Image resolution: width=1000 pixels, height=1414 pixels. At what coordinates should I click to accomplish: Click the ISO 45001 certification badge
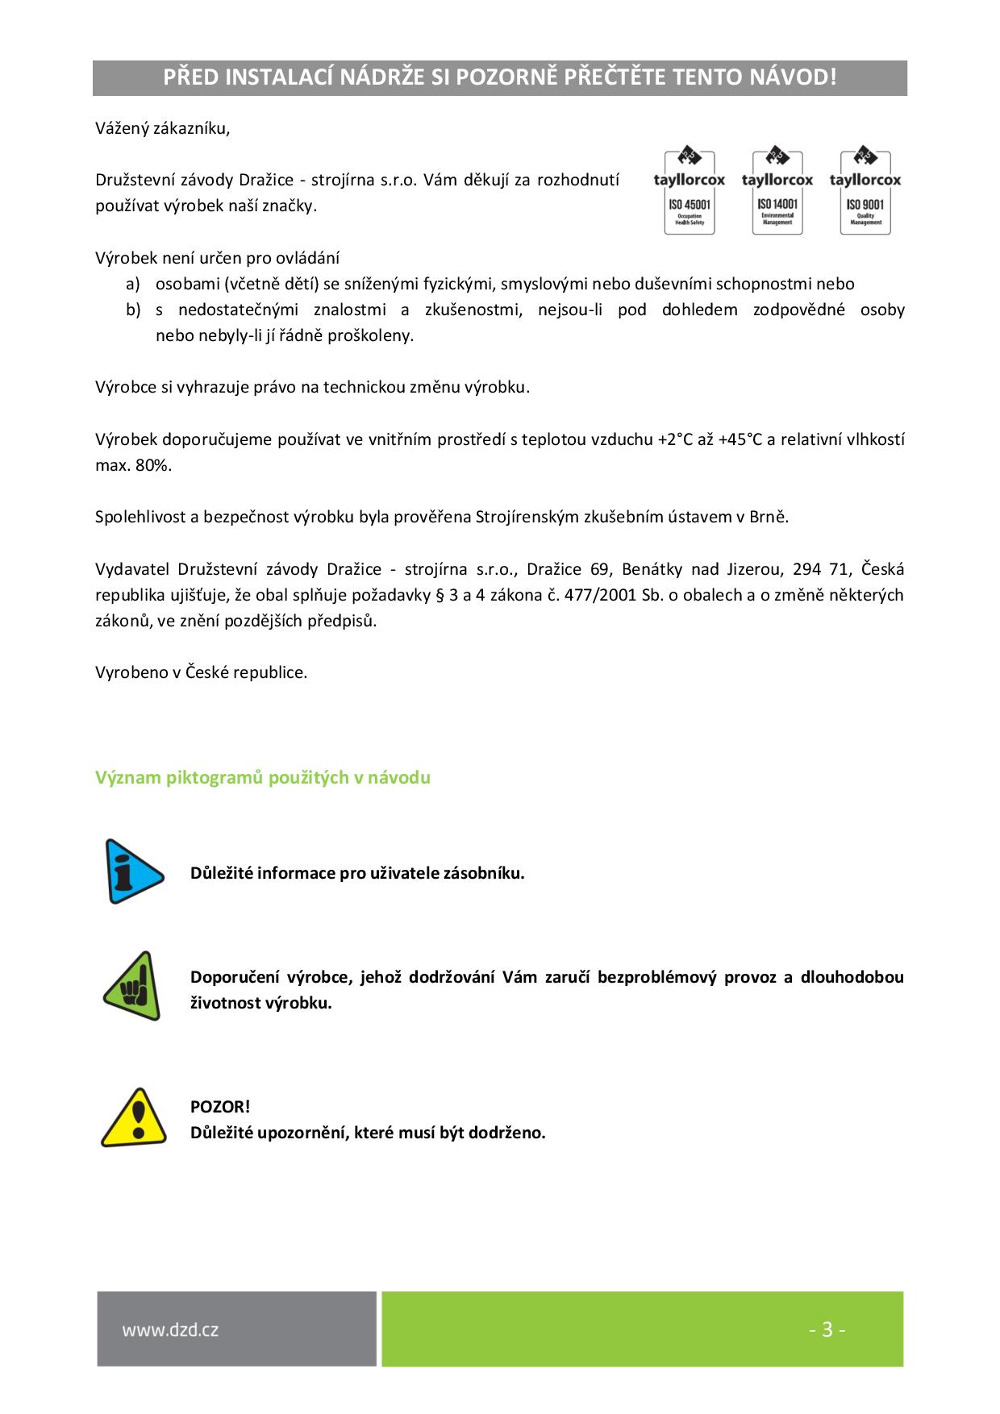(x=689, y=192)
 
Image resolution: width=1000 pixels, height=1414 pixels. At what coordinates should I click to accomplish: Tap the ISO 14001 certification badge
(x=777, y=192)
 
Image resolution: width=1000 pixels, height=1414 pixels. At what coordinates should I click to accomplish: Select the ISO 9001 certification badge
(x=865, y=192)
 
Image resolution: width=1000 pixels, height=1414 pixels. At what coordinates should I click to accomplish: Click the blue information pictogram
(x=133, y=871)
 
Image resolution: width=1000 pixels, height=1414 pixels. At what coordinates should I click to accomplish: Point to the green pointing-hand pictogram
(x=131, y=986)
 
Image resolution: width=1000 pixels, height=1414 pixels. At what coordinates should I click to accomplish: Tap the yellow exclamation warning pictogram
(x=133, y=1118)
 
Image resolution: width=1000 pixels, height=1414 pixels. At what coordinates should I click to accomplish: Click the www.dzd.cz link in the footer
(x=170, y=1329)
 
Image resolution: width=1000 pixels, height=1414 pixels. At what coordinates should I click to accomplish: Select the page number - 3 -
(x=827, y=1329)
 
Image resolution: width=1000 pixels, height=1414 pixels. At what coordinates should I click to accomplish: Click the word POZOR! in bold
(x=220, y=1107)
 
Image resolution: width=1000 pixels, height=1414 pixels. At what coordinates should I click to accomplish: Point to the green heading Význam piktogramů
(x=262, y=778)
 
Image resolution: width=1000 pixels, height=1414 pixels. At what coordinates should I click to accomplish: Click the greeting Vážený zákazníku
(x=162, y=128)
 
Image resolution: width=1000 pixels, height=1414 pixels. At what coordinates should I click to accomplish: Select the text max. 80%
(x=133, y=465)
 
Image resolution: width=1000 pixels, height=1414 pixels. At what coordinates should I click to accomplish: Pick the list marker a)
(x=133, y=284)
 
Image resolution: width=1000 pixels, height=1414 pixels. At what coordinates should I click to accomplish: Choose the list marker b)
(x=133, y=310)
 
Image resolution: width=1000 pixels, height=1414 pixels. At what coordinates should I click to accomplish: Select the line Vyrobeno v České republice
(x=201, y=672)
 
